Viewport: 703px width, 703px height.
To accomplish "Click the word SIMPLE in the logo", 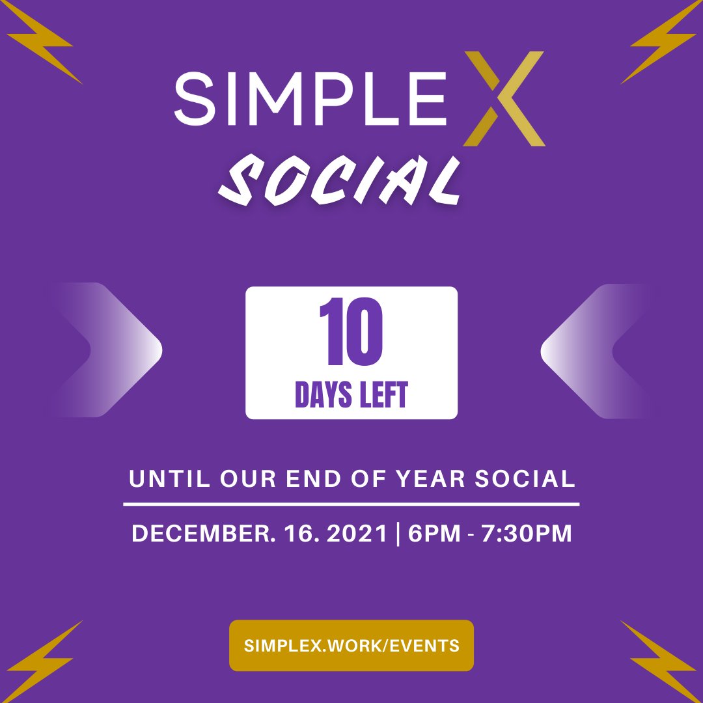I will point(311,98).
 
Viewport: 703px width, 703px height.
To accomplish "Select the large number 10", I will point(351,333).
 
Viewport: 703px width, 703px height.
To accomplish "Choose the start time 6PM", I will point(433,534).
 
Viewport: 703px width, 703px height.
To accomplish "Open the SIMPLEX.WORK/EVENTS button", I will point(351,646).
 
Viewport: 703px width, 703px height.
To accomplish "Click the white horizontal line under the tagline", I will point(351,504).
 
